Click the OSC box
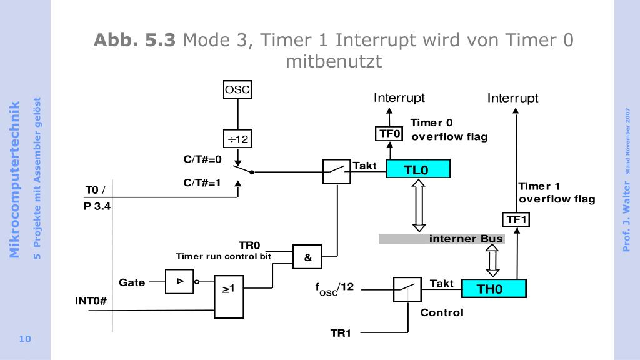click(x=237, y=90)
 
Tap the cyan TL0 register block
click(x=417, y=169)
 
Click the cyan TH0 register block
click(x=494, y=289)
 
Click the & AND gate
click(x=307, y=257)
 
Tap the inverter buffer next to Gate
click(x=179, y=281)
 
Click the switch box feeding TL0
click(x=337, y=171)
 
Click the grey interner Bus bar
click(x=441, y=239)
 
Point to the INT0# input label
click(x=91, y=301)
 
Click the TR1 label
click(x=341, y=333)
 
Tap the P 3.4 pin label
click(x=97, y=206)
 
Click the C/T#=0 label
click(x=202, y=159)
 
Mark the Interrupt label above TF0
click(x=399, y=97)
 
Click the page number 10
click(x=25, y=339)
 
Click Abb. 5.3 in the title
click(x=134, y=41)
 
